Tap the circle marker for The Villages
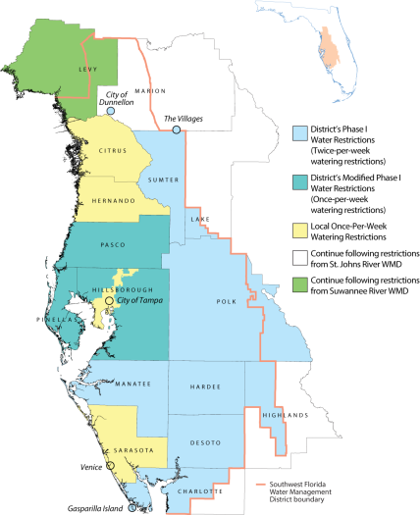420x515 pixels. pyautogui.click(x=176, y=129)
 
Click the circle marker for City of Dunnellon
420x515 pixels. pyautogui.click(x=110, y=112)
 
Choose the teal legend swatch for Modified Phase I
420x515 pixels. pyautogui.click(x=301, y=184)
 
